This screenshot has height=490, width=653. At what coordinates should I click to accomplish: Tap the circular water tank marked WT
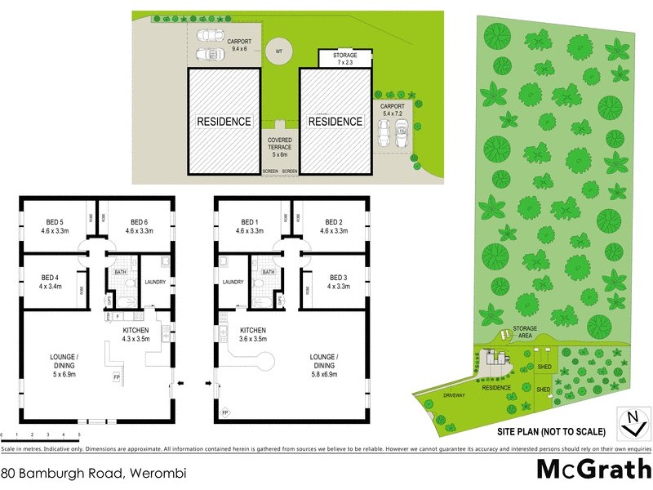click(x=279, y=51)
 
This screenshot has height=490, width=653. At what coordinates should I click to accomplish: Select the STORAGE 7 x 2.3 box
click(x=345, y=58)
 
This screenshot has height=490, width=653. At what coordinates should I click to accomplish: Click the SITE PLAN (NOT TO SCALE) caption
click(x=550, y=430)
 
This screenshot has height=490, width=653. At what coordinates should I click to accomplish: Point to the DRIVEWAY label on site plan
click(x=454, y=395)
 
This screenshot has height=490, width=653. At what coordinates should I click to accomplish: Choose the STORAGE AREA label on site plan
click(x=525, y=332)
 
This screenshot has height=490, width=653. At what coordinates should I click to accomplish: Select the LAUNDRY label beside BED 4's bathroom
click(x=155, y=283)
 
